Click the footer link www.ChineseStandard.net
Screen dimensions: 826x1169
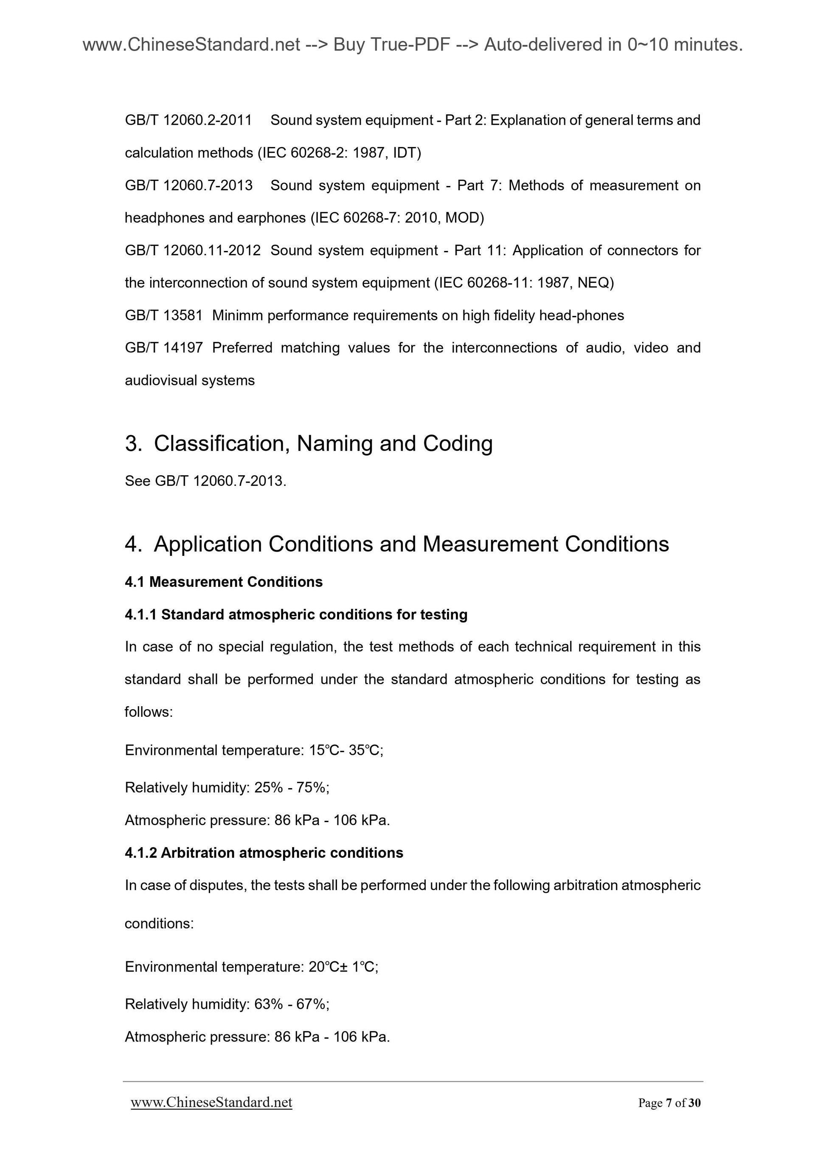point(211,1102)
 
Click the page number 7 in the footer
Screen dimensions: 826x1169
point(668,1103)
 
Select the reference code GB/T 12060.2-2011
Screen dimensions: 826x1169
point(188,120)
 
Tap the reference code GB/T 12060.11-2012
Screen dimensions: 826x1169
point(192,251)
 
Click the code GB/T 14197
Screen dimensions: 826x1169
point(163,348)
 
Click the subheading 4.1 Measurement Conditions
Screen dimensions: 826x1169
point(223,582)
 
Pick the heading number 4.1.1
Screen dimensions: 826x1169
point(141,614)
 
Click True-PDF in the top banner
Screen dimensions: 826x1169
point(410,45)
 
